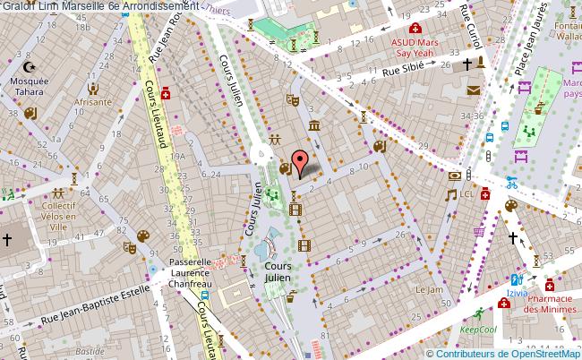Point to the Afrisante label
tap(92, 102)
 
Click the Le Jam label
tap(429, 290)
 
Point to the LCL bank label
tap(466, 193)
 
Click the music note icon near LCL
tap(452, 193)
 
